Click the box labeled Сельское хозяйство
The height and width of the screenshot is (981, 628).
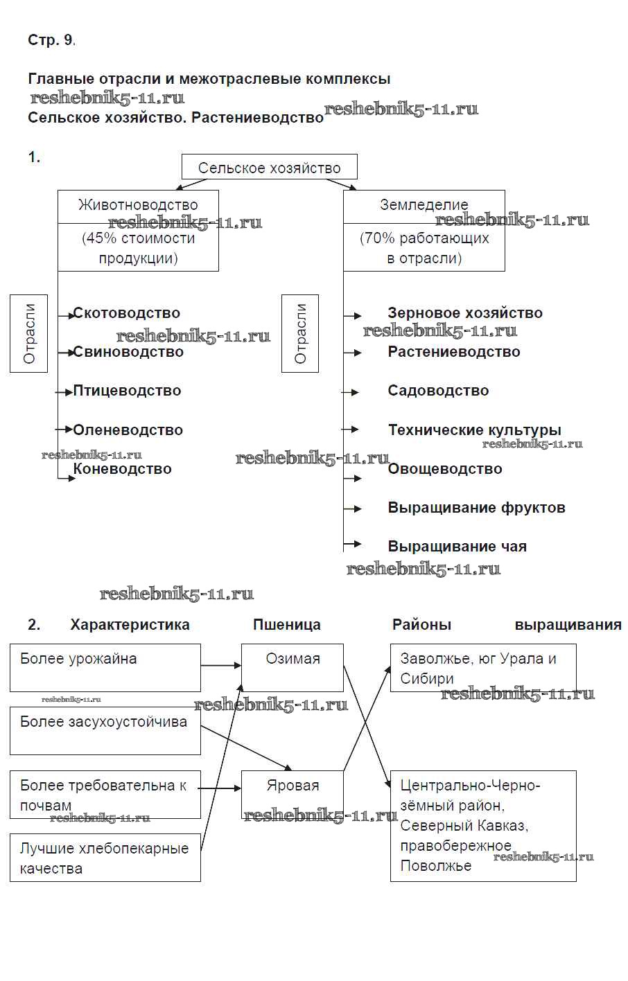point(270,168)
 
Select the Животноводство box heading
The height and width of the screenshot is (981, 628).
point(138,206)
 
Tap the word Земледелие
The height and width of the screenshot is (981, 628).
point(424,205)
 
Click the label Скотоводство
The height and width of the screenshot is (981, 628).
point(126,313)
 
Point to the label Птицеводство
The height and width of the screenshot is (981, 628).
point(127,391)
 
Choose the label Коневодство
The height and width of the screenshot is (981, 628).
point(122,469)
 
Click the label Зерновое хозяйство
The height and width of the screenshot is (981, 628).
point(464,313)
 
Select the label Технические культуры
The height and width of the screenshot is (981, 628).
point(474,430)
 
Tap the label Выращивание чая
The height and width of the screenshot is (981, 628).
point(457,547)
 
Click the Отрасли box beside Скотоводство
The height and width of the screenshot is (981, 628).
point(29,333)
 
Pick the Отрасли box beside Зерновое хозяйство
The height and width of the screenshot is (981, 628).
point(300,333)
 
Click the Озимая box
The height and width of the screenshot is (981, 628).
point(293,667)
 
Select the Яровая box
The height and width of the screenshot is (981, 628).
point(293,793)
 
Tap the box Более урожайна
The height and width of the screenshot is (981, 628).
point(105,667)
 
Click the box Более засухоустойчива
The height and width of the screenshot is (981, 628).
point(105,730)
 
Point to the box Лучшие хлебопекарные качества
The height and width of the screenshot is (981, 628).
point(105,858)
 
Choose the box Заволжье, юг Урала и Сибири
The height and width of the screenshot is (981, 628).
point(483,668)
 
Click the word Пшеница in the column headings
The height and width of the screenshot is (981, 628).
point(286,625)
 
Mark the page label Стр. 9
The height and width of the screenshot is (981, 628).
point(51,40)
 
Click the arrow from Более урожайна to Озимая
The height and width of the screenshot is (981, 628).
point(221,666)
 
